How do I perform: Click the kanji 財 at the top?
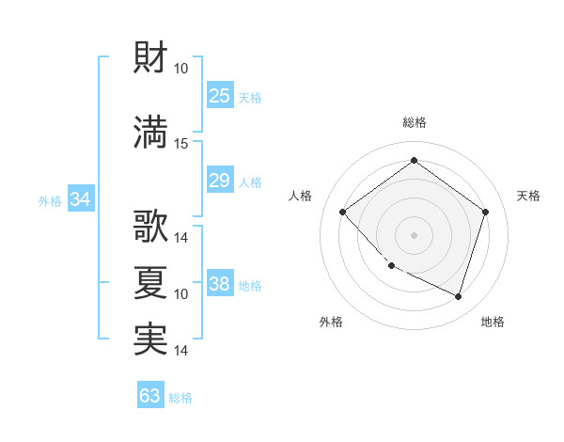click(151, 58)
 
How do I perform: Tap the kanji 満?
click(151, 133)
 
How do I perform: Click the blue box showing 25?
click(219, 96)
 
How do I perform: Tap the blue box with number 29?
click(219, 181)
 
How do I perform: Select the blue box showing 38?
click(219, 284)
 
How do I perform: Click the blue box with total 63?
click(149, 396)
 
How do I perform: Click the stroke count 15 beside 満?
click(181, 143)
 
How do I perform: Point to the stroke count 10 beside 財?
click(181, 69)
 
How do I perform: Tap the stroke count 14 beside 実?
click(181, 350)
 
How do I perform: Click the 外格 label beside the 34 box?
click(50, 200)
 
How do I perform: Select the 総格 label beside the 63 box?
click(180, 398)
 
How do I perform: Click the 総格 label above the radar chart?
click(414, 122)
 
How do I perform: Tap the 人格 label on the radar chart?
click(301, 196)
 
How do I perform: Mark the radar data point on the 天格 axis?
click(485, 212)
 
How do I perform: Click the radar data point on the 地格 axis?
click(458, 296)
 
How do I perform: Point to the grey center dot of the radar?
click(414, 234)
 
